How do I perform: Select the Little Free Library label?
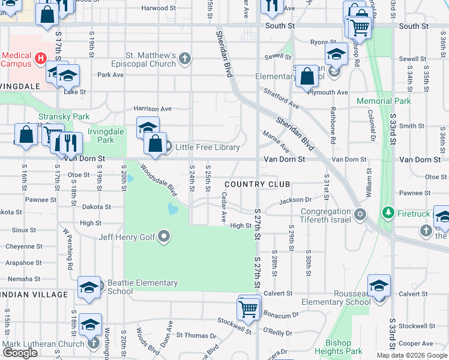(207, 147)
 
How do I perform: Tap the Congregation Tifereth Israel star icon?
(360, 214)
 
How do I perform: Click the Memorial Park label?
(384, 101)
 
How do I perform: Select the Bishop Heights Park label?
(339, 347)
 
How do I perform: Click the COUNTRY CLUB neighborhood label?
(258, 184)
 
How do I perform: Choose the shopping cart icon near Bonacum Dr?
(249, 310)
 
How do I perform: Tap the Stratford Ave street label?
(282, 99)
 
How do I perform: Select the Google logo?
(20, 353)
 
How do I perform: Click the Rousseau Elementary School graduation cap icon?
(379, 286)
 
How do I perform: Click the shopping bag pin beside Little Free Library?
(155, 145)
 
